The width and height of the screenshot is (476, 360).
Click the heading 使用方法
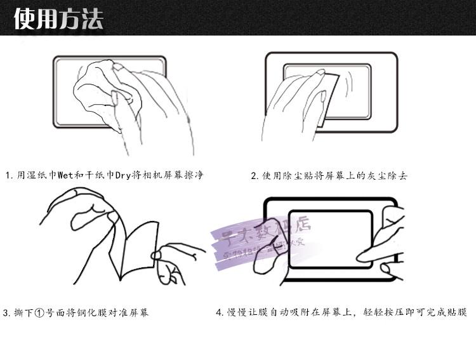click(x=58, y=18)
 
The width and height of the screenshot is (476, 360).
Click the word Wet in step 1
click(x=66, y=175)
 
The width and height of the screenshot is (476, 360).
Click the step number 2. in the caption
click(x=255, y=176)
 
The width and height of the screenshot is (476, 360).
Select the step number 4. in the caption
click(x=219, y=312)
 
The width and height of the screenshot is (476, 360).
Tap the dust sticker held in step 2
click(x=329, y=98)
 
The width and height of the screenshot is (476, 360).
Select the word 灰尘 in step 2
click(x=375, y=176)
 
